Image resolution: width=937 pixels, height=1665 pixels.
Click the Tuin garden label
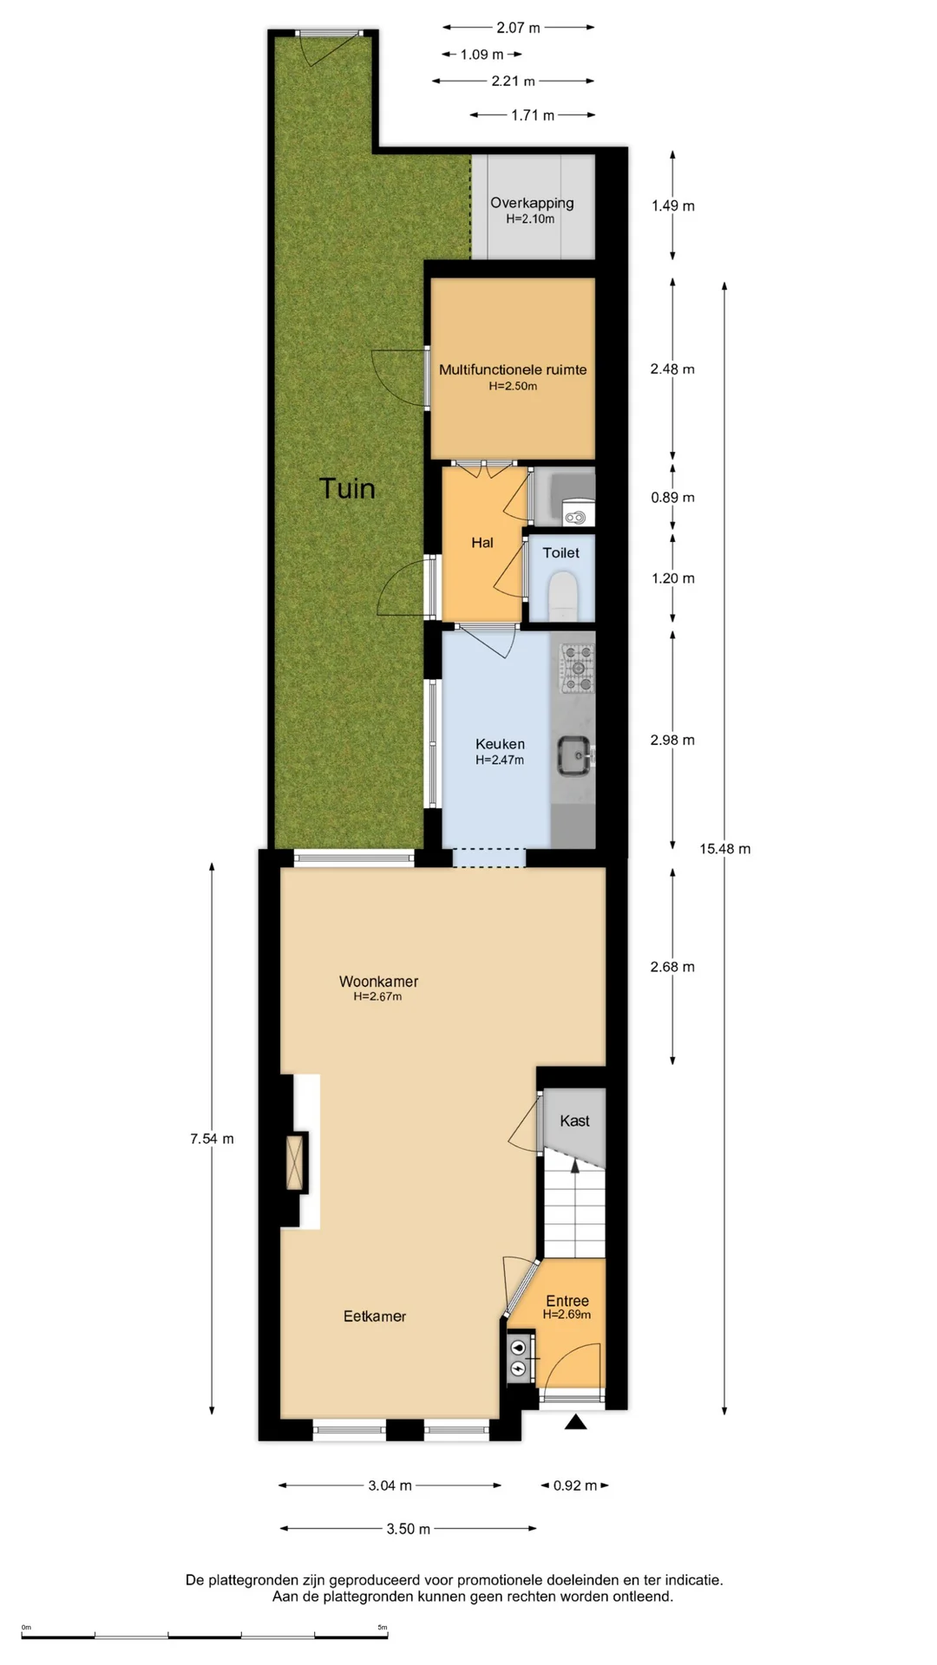tap(347, 488)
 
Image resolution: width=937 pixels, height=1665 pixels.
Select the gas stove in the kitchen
tap(577, 669)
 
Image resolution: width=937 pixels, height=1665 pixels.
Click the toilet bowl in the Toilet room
tap(563, 594)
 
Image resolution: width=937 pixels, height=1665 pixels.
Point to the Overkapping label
tap(532, 203)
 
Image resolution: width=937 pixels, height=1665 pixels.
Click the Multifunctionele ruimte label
tap(513, 369)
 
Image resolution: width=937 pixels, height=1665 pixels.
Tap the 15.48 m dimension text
tap(725, 849)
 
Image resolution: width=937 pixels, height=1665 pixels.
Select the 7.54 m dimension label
tap(212, 1139)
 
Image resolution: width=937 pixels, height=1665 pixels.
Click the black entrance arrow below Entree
tap(575, 1421)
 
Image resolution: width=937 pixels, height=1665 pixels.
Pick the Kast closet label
tap(574, 1120)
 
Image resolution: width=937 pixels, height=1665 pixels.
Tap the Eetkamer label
tap(375, 1316)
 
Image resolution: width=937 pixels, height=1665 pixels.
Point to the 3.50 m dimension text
tap(409, 1529)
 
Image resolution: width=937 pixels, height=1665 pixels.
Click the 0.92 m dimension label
tap(575, 1485)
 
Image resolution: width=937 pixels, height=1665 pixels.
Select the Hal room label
tap(482, 543)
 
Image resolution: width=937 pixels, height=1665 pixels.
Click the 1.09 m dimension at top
tap(482, 55)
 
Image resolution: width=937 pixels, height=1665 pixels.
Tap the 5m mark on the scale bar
tap(383, 1628)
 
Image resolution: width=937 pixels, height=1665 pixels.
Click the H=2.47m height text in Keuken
tap(500, 760)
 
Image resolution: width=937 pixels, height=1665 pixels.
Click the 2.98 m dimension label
tap(672, 740)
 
